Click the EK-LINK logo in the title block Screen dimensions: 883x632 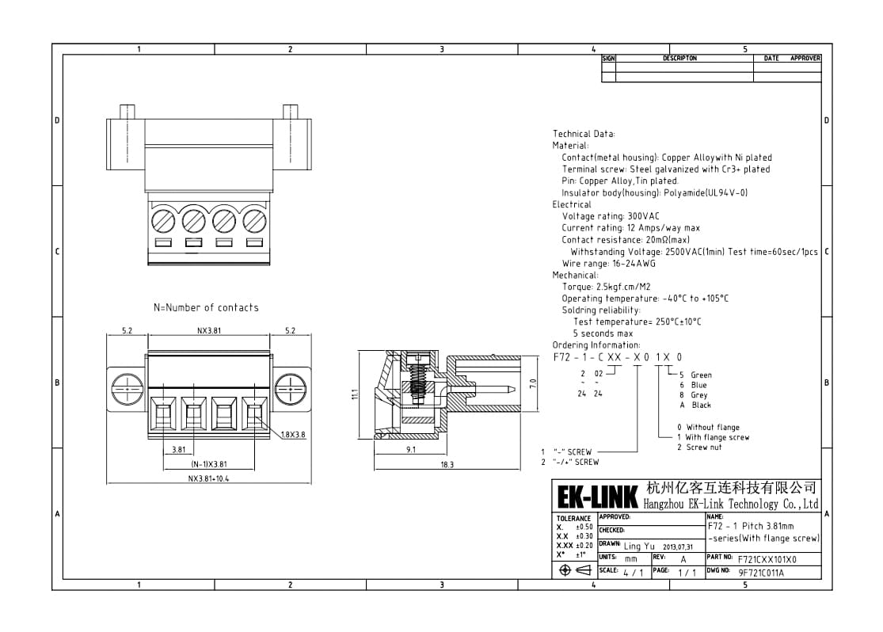(597, 497)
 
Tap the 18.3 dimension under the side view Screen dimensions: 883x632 (447, 465)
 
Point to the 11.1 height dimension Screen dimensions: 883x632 (355, 394)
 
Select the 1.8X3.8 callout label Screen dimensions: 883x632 (293, 434)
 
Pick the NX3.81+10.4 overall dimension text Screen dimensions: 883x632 (208, 479)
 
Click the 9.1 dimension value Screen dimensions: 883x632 (410, 450)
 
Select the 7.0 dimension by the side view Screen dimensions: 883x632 (533, 384)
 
